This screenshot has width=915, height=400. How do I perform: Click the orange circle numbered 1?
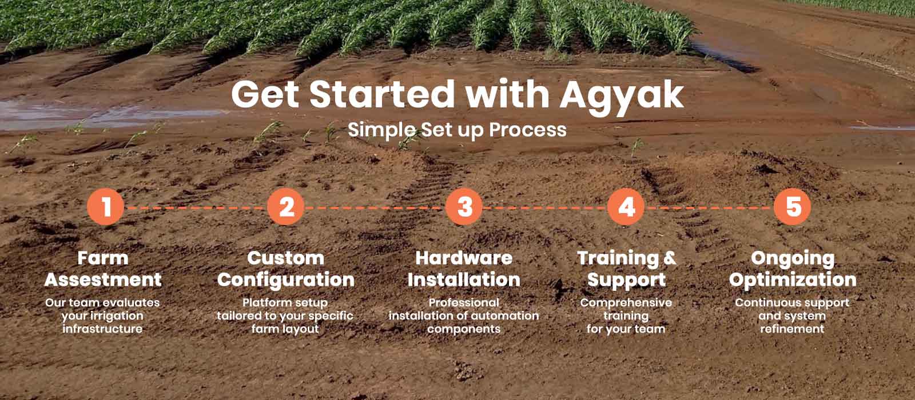[x=105, y=206]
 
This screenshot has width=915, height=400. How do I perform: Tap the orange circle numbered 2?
[x=286, y=206]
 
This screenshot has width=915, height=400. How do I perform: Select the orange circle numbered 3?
[x=464, y=206]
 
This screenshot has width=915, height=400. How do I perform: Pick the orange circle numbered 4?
[x=626, y=206]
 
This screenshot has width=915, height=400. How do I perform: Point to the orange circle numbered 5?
[x=793, y=206]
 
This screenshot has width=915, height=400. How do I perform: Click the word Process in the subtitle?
[x=528, y=130]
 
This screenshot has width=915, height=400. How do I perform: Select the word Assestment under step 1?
[x=103, y=279]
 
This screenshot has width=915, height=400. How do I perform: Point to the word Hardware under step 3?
[x=464, y=258]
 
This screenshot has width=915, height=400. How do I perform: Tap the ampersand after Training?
[x=670, y=258]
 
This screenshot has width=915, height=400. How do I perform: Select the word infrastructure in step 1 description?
[x=102, y=329]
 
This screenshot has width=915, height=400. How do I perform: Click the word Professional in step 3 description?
[x=464, y=302]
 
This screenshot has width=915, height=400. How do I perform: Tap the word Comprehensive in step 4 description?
[x=626, y=303]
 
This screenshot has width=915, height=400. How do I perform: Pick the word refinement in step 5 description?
[x=792, y=329]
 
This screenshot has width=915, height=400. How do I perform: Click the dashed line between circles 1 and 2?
[x=196, y=208]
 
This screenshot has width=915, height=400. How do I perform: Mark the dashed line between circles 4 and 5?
[x=709, y=208]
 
